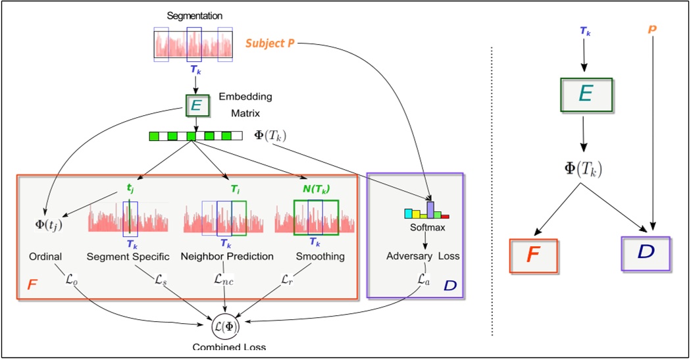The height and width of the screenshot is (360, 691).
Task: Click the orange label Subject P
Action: tap(271, 43)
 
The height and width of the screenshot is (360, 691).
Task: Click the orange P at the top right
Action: tap(652, 29)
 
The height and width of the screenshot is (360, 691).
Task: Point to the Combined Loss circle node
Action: tap(226, 324)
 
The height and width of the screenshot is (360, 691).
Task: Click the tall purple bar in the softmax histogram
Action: tap(430, 209)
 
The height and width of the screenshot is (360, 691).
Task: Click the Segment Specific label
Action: tap(128, 257)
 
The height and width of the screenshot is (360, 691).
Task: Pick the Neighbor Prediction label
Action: tap(227, 257)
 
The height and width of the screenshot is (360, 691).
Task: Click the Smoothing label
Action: tap(320, 257)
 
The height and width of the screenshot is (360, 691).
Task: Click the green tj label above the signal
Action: tap(130, 187)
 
